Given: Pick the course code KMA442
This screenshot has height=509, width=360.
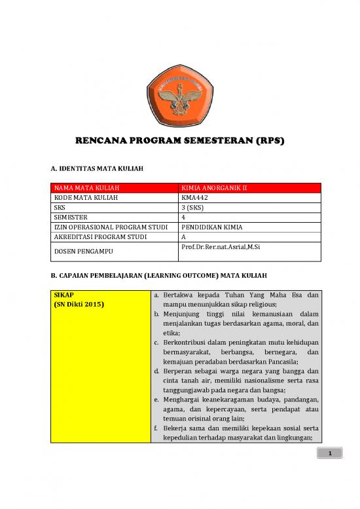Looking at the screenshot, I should click(x=194, y=198).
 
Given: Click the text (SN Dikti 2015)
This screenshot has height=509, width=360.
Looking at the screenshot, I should click(x=81, y=305).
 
